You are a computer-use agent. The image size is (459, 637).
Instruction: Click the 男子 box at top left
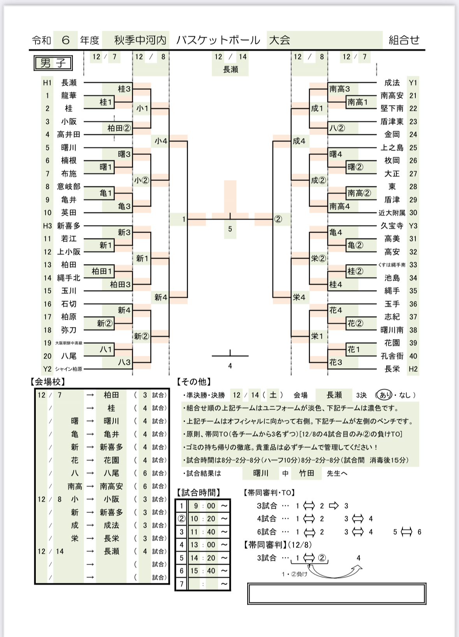click(53, 63)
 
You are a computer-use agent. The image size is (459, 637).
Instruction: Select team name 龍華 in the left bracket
click(69, 96)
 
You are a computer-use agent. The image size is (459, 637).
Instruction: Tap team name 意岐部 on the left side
click(69, 187)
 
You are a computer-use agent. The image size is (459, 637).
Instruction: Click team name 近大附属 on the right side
click(392, 213)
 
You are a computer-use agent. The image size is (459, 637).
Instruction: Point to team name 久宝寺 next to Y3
click(392, 226)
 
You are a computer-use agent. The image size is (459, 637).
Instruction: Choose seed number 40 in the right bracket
click(413, 356)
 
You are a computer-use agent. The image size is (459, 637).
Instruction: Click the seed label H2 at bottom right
click(413, 369)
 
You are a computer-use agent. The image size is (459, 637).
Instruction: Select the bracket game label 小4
click(160, 141)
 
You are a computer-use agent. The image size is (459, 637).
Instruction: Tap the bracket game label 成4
click(299, 141)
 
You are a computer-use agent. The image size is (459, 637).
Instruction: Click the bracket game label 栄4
click(299, 297)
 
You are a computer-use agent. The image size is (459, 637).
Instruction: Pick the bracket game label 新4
click(160, 297)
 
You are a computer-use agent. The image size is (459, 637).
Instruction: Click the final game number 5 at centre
click(230, 229)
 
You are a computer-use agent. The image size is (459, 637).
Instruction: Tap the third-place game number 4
click(230, 366)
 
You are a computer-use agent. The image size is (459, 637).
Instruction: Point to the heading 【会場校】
click(48, 382)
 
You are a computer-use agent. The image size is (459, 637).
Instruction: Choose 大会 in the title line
click(280, 40)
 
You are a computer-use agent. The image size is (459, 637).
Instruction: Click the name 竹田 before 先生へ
click(306, 473)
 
